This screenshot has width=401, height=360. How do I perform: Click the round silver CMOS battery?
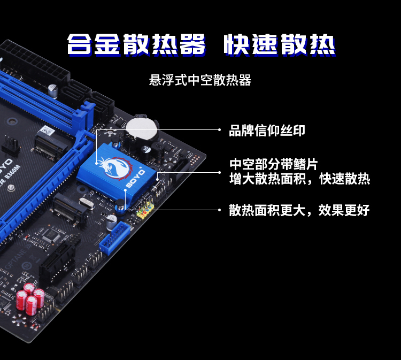[x=142, y=128]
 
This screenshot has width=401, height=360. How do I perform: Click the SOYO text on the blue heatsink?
[x=136, y=178]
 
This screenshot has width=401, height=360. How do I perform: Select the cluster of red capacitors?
[x=30, y=298]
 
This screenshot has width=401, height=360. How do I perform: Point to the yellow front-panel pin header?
[x=145, y=209]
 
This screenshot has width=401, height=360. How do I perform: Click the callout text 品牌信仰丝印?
[x=267, y=131]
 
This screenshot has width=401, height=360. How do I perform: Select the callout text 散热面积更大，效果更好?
[x=299, y=210]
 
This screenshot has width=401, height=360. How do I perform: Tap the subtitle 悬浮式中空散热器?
[x=200, y=80]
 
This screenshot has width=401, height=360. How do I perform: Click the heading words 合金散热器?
[x=136, y=45]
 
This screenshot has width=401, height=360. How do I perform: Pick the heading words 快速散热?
[x=280, y=45]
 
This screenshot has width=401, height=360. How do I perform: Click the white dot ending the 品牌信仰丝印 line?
[x=219, y=130]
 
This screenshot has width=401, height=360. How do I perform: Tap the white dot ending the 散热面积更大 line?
[x=219, y=210]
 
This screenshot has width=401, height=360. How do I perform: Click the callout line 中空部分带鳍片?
[x=273, y=164]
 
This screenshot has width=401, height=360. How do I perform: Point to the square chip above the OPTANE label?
[x=51, y=235]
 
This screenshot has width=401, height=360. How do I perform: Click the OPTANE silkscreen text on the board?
[x=16, y=259]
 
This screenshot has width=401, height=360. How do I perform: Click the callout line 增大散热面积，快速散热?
[x=299, y=179]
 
